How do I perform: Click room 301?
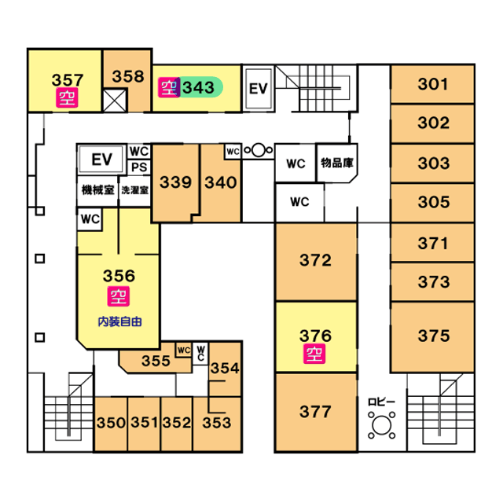[433, 85]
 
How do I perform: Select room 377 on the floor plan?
[315, 412]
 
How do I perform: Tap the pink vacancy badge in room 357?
[67, 97]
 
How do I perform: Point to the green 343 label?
[198, 87]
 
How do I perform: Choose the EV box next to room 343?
[259, 89]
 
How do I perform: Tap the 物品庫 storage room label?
[337, 163]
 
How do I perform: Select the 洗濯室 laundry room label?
[135, 189]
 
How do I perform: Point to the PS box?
[139, 167]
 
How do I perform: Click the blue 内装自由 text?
[119, 321]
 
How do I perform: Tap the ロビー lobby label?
[382, 402]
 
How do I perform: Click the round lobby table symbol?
[382, 425]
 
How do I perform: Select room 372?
[315, 261]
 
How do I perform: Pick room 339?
[175, 182]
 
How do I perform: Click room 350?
[111, 423]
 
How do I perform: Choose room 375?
[433, 336]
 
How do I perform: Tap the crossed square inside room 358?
[115, 100]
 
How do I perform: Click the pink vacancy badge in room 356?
[118, 297]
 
